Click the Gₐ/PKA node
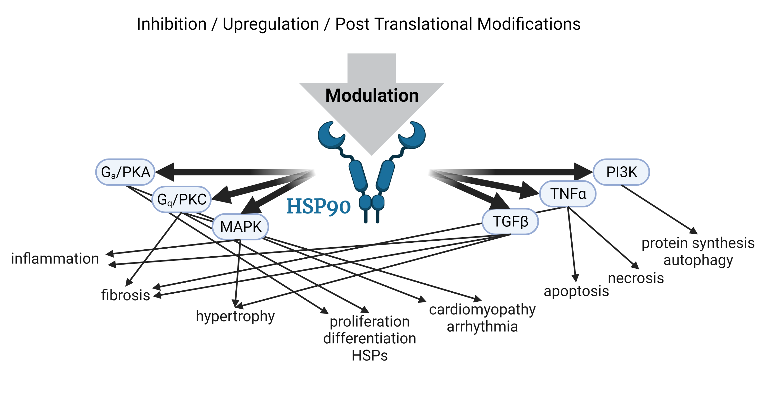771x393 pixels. point(125,172)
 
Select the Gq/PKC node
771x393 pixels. point(182,199)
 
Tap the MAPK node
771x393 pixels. point(240,227)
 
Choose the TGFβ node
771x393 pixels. point(510,222)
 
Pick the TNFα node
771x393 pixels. point(568,194)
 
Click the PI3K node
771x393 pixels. point(621,172)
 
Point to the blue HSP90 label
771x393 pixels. point(318,207)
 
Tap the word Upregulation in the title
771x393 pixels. point(271,24)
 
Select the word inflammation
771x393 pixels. point(55,258)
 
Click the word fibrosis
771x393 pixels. point(125,295)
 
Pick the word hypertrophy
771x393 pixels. point(235,316)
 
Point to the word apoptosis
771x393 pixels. point(576,291)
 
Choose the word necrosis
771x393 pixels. point(636,278)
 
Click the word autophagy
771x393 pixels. point(698,260)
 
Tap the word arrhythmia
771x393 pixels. point(482,326)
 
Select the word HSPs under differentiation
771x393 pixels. point(369,355)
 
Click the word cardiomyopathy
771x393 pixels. point(482,309)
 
